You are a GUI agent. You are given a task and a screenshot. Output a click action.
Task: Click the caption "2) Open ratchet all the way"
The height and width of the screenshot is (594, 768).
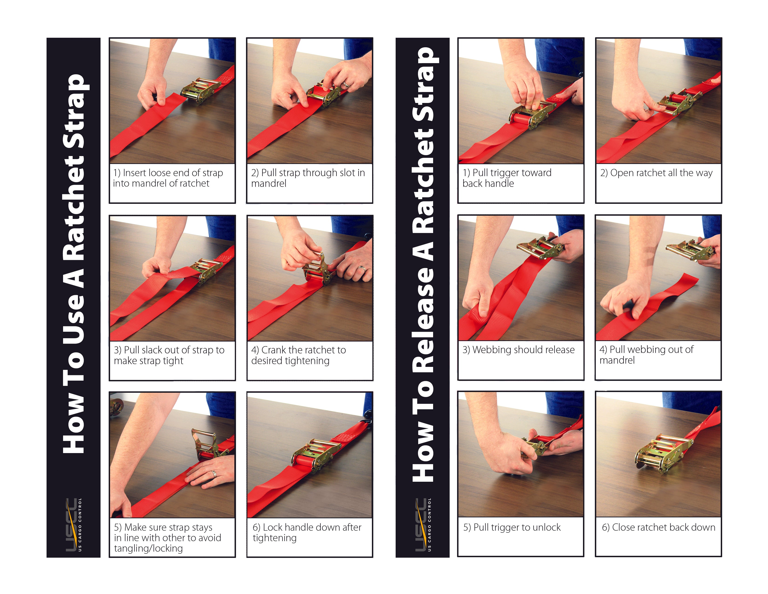656,173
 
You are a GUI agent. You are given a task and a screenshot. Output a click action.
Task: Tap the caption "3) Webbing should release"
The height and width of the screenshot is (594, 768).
518,350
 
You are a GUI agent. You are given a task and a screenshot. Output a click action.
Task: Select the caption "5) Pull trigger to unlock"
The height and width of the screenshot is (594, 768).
512,527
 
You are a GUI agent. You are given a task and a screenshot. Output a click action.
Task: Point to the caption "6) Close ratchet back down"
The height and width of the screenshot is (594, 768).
659,527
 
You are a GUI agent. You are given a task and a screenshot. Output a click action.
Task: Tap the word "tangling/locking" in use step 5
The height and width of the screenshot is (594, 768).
148,548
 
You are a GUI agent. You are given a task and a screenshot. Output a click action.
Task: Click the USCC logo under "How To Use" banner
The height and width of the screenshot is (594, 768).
73,524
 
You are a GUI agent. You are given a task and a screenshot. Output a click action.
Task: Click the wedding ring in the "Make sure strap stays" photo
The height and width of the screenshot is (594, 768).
214,474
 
